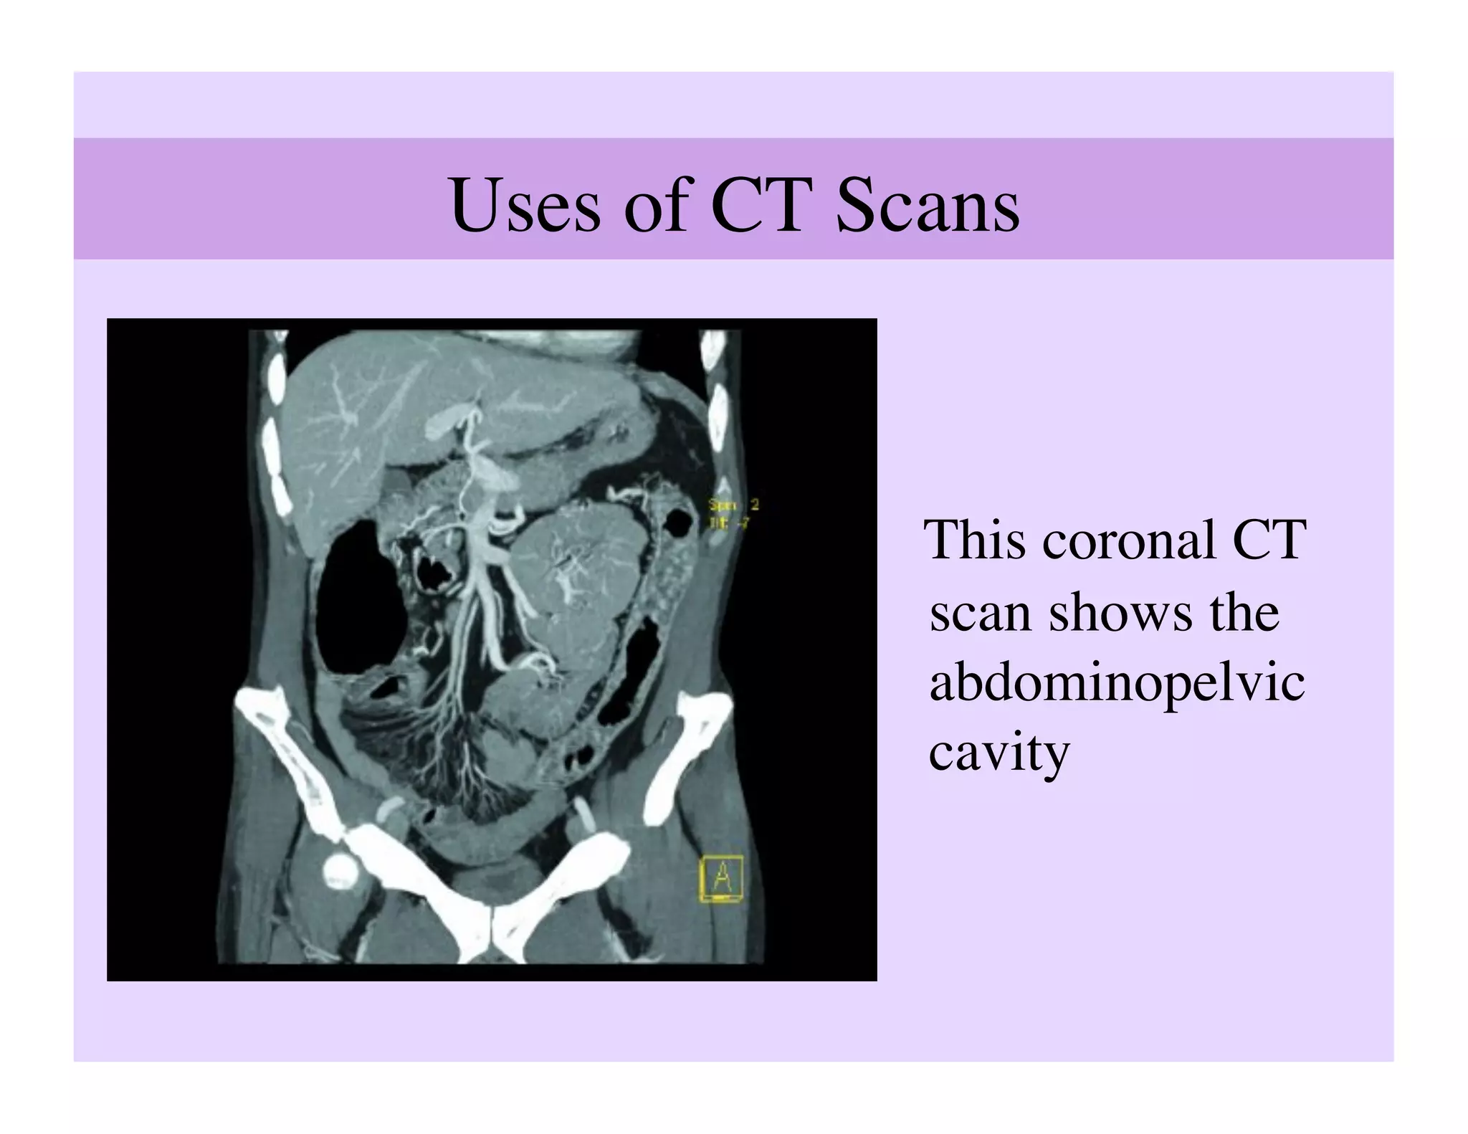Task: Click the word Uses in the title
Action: (525, 206)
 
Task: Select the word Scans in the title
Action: (928, 206)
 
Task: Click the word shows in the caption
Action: (1120, 613)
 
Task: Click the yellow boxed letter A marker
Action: (720, 878)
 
